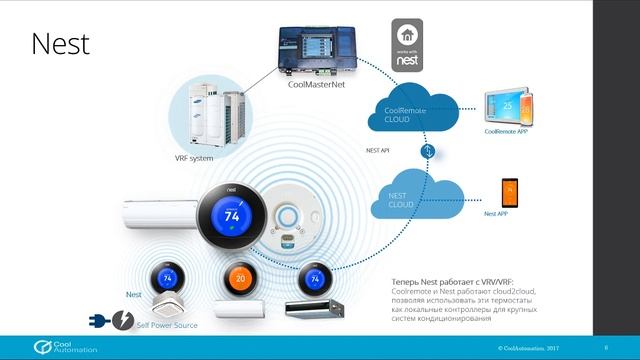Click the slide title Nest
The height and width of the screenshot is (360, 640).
60,44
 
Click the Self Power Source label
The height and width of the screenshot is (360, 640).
165,326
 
